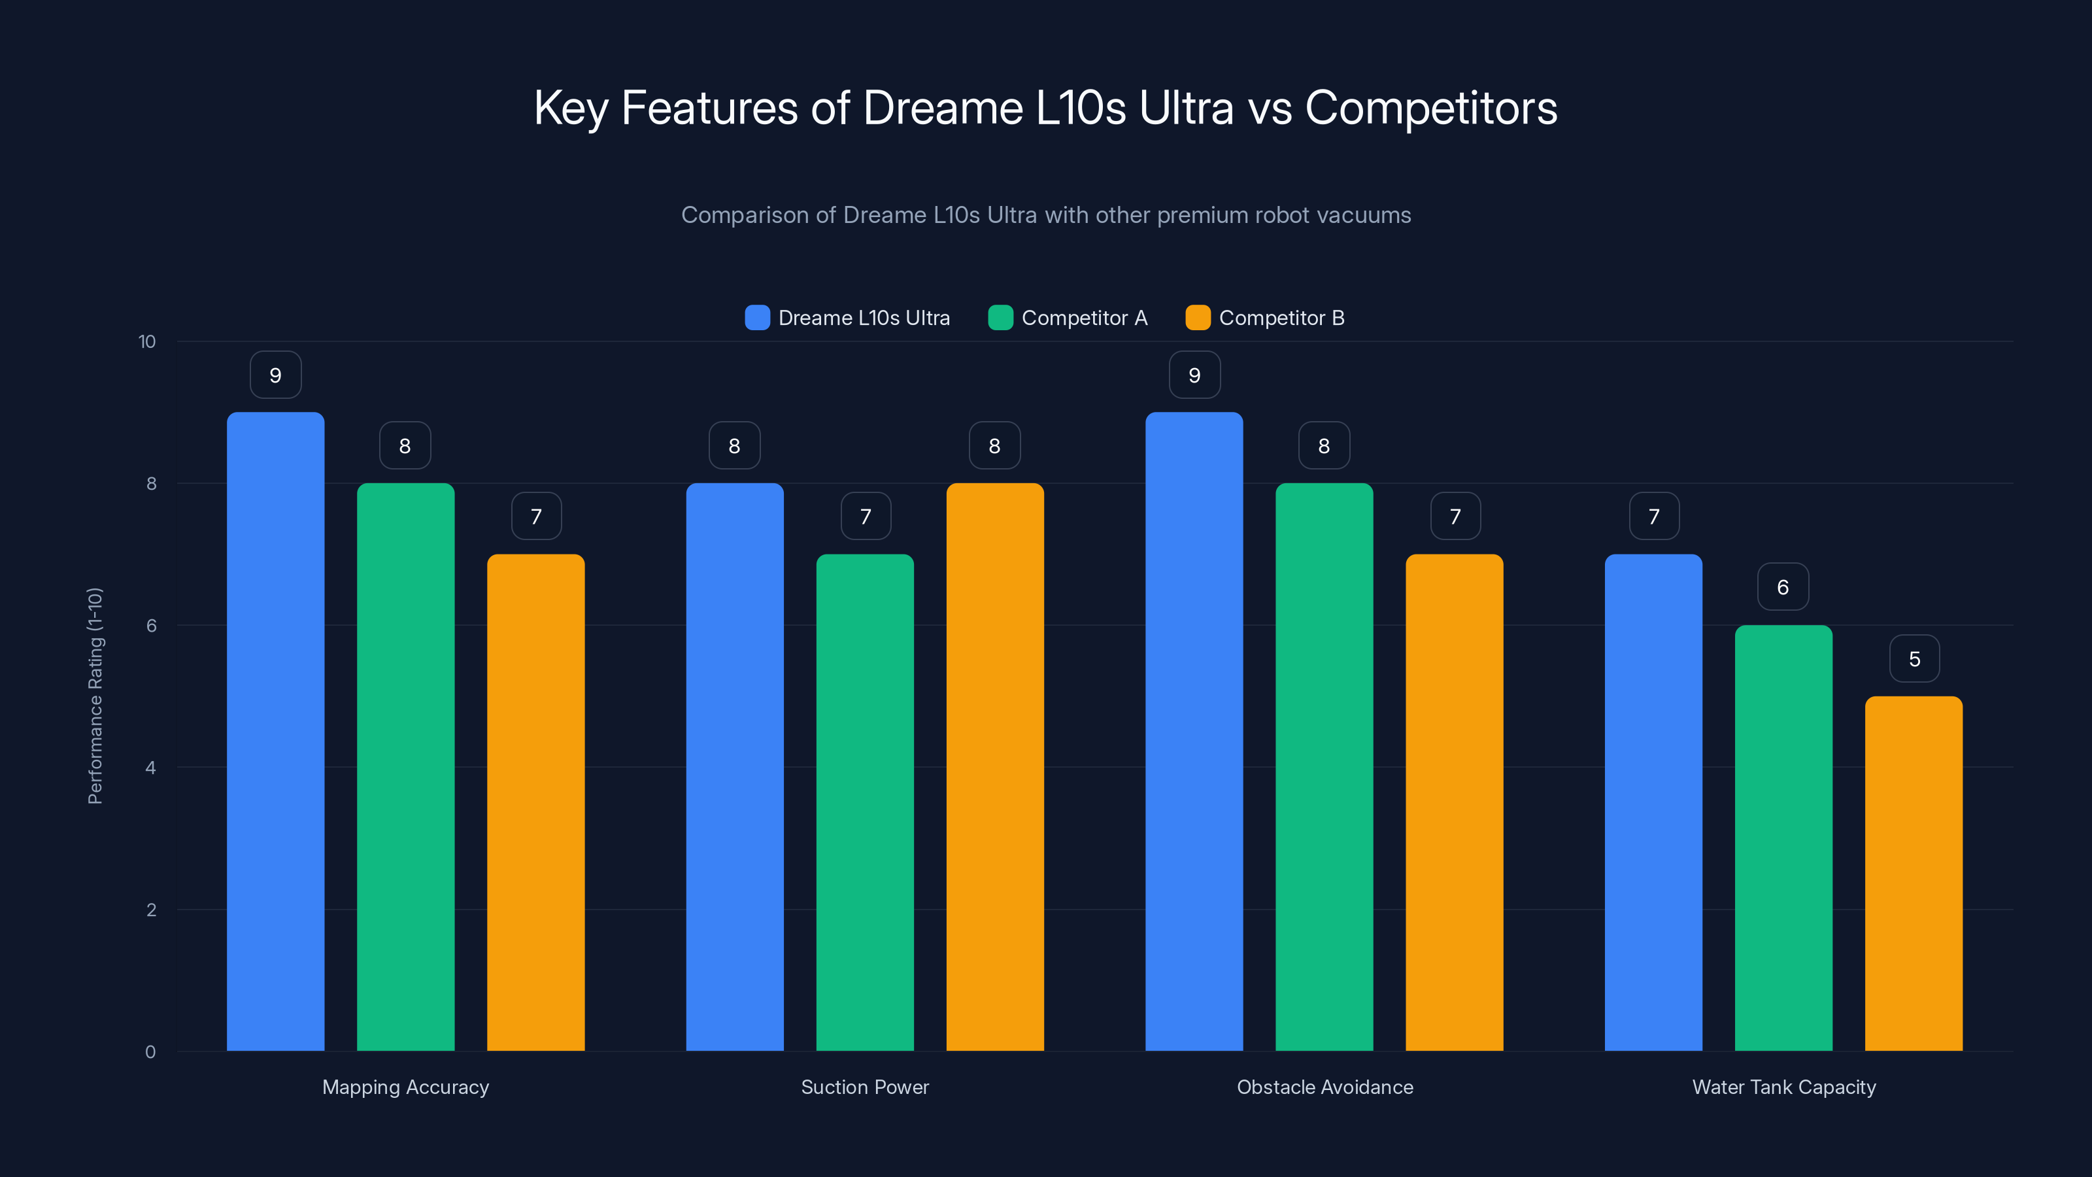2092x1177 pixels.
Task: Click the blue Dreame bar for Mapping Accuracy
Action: [x=275, y=731]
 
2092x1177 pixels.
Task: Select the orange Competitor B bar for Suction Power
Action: [x=995, y=767]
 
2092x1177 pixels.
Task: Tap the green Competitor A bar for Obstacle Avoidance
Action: [x=1324, y=767]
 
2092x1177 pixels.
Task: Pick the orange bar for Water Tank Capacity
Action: [x=1914, y=873]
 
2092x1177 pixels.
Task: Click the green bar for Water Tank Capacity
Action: [x=1783, y=838]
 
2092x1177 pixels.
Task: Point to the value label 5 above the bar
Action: [x=1914, y=658]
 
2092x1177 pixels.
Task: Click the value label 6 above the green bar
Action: [x=1783, y=587]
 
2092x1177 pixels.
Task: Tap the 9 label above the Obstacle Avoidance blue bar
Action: [x=1194, y=375]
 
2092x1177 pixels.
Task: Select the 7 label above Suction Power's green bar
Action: [x=866, y=517]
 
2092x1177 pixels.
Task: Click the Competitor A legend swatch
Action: [x=1000, y=318]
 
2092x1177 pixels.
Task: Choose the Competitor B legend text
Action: [x=1281, y=318]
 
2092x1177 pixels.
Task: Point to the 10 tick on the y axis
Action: [x=147, y=341]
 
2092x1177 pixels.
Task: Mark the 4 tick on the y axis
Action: [x=150, y=768]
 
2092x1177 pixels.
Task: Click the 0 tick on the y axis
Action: [x=150, y=1052]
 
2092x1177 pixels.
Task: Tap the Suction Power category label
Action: [x=865, y=1087]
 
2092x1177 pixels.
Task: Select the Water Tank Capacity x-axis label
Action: [x=1783, y=1087]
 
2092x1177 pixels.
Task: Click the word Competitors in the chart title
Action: [x=1431, y=108]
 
